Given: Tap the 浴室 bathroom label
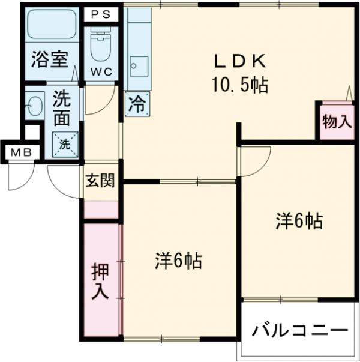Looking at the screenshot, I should coord(49,60).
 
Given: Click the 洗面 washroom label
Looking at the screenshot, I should coord(61,107).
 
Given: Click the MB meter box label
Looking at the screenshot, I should coord(20,152).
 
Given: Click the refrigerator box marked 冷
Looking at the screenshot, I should coord(137,104).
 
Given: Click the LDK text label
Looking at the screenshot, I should coord(238,61).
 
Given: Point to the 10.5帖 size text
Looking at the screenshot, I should coord(238,85).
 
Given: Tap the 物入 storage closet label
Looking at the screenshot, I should coord(337,121).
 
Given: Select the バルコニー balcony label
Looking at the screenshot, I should coord(299,331).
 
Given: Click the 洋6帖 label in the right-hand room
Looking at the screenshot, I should coord(299,222).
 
